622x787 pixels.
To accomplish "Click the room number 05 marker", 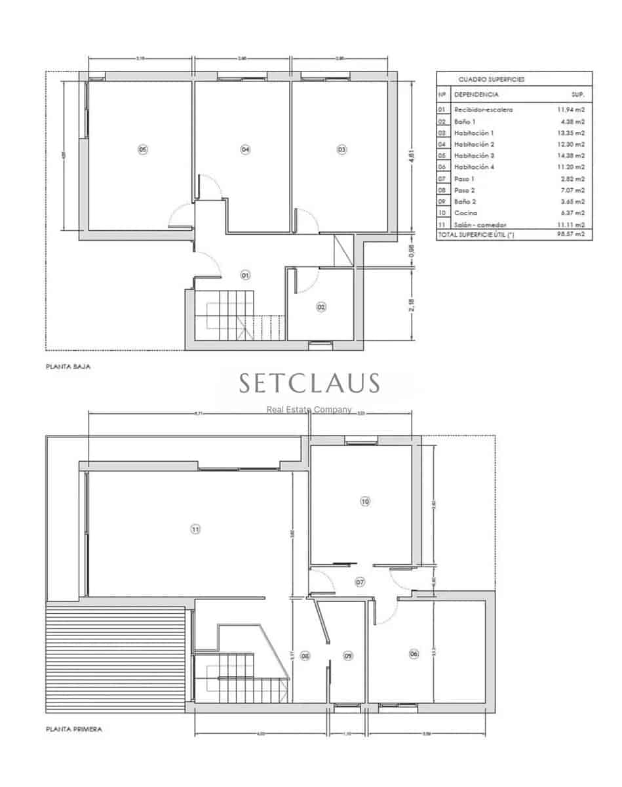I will [143, 150].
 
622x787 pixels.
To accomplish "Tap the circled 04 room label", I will [245, 150].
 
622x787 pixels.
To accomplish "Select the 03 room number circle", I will [341, 150].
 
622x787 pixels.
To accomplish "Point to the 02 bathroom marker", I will [321, 306].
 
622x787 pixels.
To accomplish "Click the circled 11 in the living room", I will [195, 529].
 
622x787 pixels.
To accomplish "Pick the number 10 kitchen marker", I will [365, 502].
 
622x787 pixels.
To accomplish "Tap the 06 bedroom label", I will [414, 654].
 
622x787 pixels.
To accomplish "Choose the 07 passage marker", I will [360, 582].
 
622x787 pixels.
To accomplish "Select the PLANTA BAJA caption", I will [68, 367].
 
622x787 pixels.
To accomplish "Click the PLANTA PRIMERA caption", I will [73, 729].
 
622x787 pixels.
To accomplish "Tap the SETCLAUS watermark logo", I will [309, 384].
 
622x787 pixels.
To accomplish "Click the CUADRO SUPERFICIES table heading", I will [482, 79].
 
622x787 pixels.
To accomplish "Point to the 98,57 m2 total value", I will [571, 234].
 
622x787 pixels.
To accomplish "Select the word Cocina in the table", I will [466, 213].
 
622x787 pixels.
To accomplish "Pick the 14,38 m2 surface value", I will [571, 156].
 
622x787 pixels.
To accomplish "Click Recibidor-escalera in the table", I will [484, 110].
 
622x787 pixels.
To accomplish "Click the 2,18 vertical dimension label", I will [412, 306].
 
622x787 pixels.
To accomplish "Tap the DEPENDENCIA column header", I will [476, 94].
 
